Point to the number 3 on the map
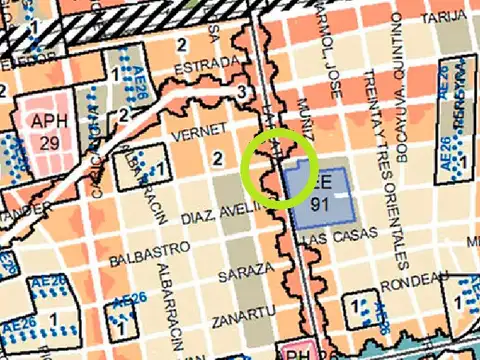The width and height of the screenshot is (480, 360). pyautogui.click(x=241, y=92)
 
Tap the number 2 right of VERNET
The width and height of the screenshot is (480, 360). pyautogui.click(x=217, y=157)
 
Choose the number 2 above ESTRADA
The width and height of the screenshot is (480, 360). pyautogui.click(x=182, y=43)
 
